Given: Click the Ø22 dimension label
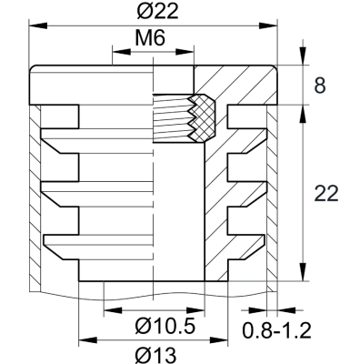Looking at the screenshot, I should [x=153, y=11].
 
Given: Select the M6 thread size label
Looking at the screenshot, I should [x=153, y=40].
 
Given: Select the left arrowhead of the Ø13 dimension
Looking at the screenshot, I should [x=85, y=341].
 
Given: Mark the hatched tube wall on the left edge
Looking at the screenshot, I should [x=34, y=200].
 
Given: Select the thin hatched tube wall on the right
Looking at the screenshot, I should [x=272, y=200].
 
